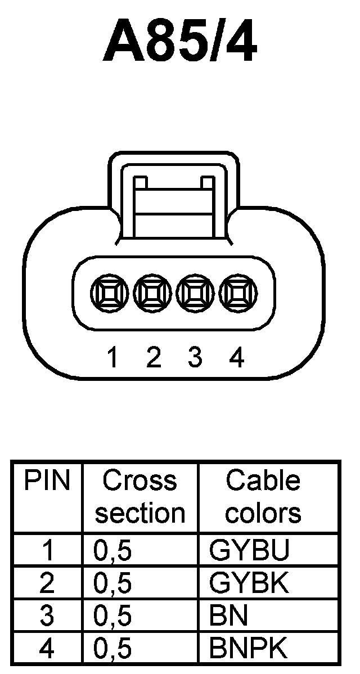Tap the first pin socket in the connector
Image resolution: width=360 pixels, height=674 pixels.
(108, 293)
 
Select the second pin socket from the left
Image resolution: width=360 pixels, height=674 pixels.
(151, 293)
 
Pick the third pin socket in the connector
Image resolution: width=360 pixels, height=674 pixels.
(194, 293)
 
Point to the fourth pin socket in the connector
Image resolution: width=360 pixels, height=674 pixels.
(236, 293)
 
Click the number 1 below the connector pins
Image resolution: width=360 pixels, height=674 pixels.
(113, 358)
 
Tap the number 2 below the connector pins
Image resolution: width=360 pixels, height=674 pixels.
(153, 358)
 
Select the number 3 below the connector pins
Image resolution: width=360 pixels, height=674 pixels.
(195, 358)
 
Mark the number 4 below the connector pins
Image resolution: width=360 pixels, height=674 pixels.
(237, 358)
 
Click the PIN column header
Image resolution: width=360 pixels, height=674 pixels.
(47, 482)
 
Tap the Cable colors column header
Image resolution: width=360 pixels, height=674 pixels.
(263, 497)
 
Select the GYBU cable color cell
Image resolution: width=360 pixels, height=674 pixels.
(249, 551)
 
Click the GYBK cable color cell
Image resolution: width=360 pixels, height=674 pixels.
(249, 584)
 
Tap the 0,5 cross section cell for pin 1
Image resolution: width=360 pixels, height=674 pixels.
(112, 551)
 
